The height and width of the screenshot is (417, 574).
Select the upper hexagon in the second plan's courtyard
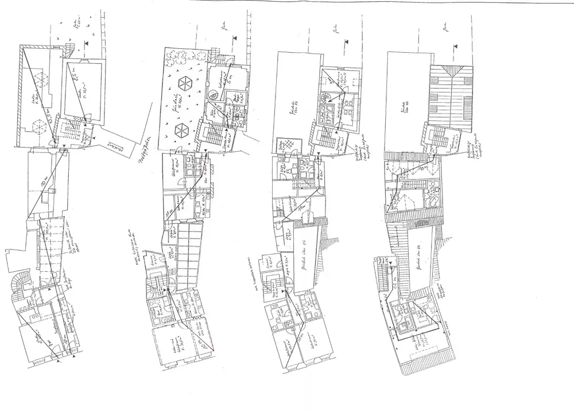[186, 82]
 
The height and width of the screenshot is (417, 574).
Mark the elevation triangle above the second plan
[234, 38]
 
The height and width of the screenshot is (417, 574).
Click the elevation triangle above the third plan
[346, 41]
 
